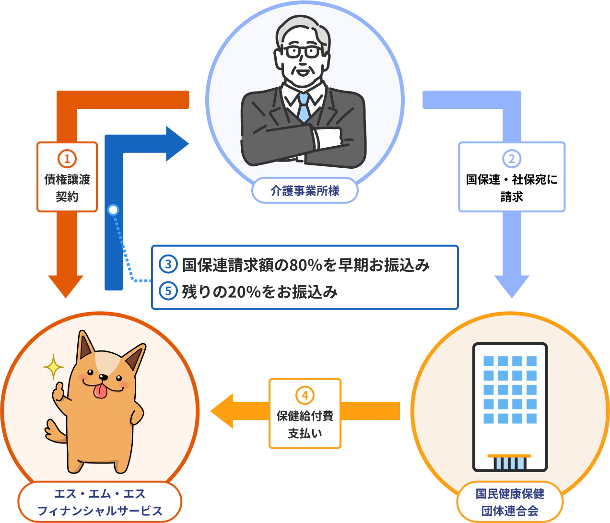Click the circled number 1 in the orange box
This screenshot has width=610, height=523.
click(x=67, y=159)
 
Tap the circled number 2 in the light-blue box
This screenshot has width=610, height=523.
click(x=512, y=159)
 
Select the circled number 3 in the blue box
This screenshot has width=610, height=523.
click(x=168, y=264)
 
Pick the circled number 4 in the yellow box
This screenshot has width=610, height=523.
click(x=305, y=395)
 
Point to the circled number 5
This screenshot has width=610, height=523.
click(x=168, y=291)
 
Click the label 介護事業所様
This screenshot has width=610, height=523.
click(x=305, y=191)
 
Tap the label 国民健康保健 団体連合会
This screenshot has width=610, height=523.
click(x=510, y=502)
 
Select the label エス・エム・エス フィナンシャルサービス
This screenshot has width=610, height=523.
click(x=100, y=502)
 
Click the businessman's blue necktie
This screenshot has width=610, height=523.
click(x=304, y=107)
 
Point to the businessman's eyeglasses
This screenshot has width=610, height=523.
click(x=303, y=51)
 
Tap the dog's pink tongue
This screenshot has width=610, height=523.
click(x=100, y=391)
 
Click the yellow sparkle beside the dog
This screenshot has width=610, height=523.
click(x=53, y=368)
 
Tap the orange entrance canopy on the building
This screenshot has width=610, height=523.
click(x=509, y=455)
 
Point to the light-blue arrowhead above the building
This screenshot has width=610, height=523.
click(x=512, y=286)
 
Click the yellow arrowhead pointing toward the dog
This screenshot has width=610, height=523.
click(x=223, y=411)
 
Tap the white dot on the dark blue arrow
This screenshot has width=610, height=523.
click(x=113, y=210)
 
